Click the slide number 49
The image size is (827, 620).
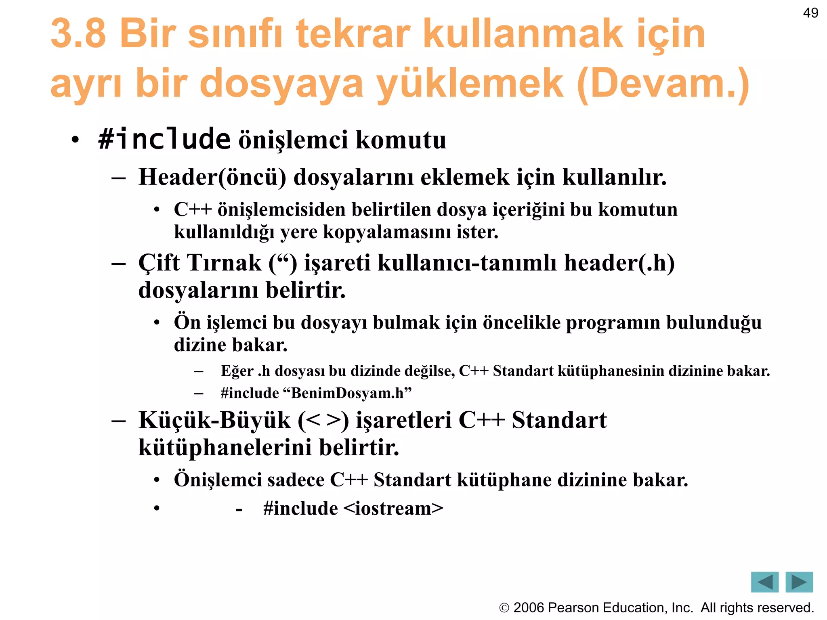(810, 13)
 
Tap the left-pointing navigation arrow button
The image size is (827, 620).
(764, 582)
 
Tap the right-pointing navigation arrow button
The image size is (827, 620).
(799, 582)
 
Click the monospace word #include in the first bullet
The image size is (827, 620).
(164, 139)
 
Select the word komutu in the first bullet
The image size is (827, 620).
(401, 140)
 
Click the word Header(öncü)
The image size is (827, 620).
(212, 177)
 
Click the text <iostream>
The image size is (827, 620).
(394, 508)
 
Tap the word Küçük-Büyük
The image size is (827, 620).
(214, 420)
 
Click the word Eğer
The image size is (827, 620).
(237, 371)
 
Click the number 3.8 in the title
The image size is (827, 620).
(78, 33)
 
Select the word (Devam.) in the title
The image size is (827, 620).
(663, 84)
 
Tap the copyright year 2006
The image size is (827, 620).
(529, 607)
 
